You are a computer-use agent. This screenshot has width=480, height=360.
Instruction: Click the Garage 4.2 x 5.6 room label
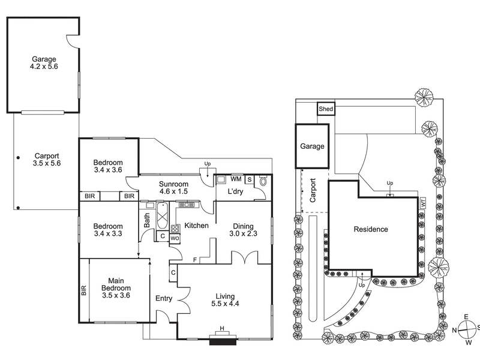[44, 64]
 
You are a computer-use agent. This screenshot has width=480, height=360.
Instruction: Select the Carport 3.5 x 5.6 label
[47, 159]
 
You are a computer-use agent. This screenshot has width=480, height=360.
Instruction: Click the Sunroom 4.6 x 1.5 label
[173, 188]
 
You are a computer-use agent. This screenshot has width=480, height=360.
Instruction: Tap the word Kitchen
[196, 226]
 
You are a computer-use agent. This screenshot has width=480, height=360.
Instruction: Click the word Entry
[164, 298]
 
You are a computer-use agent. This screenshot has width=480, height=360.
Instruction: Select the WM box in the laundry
[236, 179]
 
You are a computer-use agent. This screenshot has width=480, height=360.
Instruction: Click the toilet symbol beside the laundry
[263, 180]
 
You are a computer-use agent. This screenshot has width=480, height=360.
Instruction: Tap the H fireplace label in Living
[222, 328]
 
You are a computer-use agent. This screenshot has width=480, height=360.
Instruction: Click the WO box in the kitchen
[175, 238]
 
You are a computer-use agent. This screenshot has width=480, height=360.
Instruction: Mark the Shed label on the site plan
[326, 109]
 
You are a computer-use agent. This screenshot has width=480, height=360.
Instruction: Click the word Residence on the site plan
[370, 229]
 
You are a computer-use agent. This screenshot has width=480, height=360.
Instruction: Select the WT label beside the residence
[423, 204]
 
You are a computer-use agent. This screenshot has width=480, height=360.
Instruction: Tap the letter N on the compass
[455, 329]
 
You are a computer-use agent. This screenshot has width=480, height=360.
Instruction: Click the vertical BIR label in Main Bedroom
[84, 291]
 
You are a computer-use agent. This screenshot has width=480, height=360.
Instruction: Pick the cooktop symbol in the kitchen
[175, 228]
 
